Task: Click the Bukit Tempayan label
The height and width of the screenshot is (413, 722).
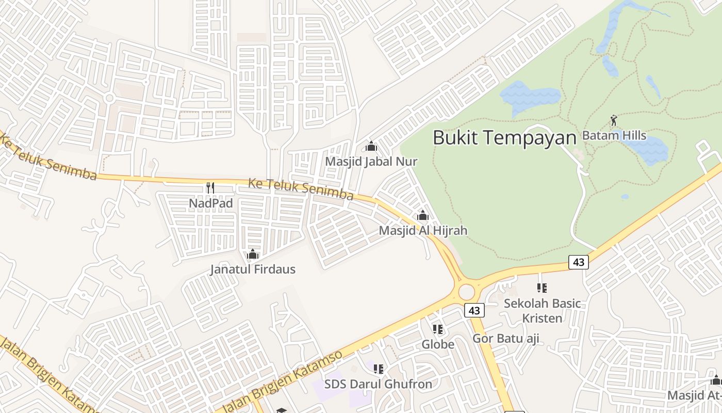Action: (x=504, y=138)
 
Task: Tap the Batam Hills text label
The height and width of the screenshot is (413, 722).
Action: (x=614, y=135)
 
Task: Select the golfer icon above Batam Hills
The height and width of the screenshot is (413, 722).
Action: (x=614, y=121)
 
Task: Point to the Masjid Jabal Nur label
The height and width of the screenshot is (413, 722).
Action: (x=371, y=162)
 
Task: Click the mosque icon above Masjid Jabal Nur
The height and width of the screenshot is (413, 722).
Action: (x=371, y=146)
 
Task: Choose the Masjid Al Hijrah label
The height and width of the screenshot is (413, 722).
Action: (x=423, y=231)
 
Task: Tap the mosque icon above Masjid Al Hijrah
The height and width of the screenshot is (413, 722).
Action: (x=423, y=215)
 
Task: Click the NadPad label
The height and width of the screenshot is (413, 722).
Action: (x=210, y=203)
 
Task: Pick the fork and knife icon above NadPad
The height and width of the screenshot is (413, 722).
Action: (x=210, y=187)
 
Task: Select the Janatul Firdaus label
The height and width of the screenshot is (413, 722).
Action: (x=253, y=269)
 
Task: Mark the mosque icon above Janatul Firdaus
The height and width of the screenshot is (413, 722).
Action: (x=253, y=254)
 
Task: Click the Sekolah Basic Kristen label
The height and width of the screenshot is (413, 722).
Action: (x=542, y=310)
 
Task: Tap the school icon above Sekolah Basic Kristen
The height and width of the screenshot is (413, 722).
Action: (x=541, y=288)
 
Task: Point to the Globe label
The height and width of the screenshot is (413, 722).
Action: (x=438, y=344)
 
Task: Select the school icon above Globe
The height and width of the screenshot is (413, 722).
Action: (x=438, y=329)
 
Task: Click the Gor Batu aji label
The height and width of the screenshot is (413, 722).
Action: (x=506, y=339)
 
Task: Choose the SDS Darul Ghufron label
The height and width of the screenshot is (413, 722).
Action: (x=378, y=384)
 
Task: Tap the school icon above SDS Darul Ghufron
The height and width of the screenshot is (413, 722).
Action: (x=379, y=369)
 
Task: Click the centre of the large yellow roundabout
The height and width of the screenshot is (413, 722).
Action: (x=466, y=292)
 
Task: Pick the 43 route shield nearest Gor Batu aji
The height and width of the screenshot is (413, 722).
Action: (x=474, y=310)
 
